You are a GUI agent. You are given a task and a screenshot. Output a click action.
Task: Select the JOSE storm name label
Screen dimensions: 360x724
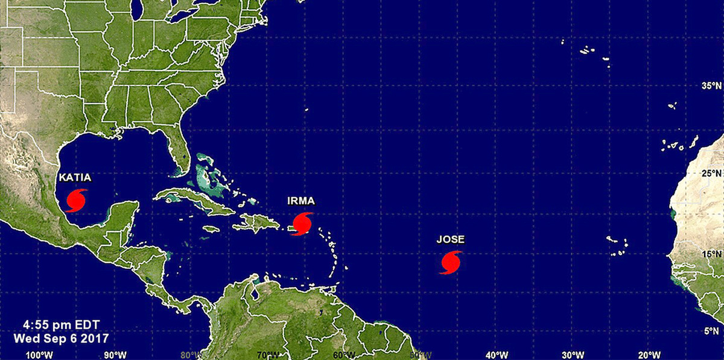pos(450,240)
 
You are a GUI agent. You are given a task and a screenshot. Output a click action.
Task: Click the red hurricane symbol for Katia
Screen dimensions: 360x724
pos(77,200)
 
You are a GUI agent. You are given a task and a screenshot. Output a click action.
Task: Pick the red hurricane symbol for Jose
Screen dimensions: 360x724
pos(451,262)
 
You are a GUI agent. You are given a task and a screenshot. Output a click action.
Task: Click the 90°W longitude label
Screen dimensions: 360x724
pos(115,353)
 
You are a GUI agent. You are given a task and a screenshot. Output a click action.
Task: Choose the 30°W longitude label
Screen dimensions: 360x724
pos(572,353)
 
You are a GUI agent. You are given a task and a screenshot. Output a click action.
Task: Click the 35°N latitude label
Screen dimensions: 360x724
pos(710,86)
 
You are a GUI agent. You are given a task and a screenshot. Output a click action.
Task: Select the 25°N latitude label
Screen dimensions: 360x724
pos(710,174)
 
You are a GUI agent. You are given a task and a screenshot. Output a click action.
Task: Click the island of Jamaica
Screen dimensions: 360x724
pos(211,229)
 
